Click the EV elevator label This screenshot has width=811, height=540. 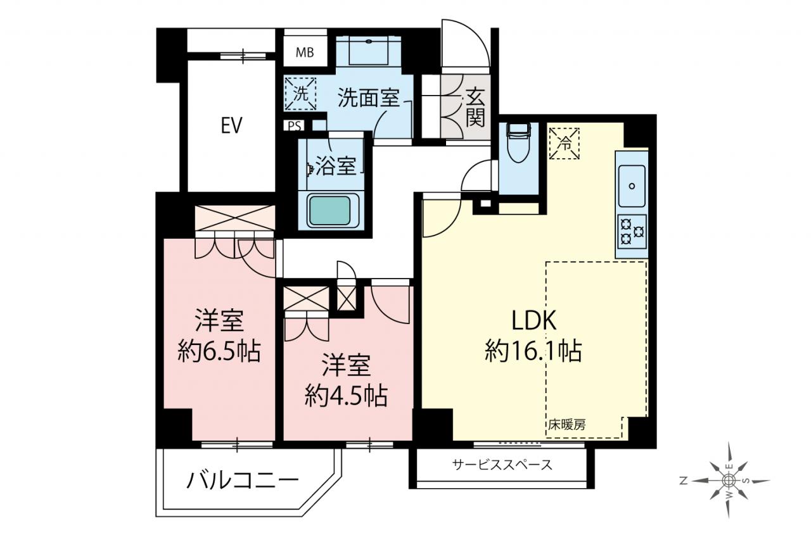click(231, 126)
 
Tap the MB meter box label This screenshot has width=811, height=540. click(305, 53)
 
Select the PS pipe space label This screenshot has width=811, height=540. click(295, 126)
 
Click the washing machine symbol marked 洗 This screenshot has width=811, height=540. click(300, 94)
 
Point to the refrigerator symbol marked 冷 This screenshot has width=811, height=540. click(565, 144)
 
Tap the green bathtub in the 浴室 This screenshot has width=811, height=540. click(329, 211)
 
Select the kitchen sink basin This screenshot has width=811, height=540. click(632, 186)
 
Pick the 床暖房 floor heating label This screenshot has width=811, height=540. click(566, 425)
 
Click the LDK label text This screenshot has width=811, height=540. click(533, 320)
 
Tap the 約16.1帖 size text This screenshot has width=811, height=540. click(533, 351)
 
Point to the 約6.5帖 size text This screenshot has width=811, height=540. click(219, 351)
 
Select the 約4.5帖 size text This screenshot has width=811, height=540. click(347, 396)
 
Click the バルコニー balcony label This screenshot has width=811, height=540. click(243, 480)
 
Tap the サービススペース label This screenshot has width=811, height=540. click(502, 465)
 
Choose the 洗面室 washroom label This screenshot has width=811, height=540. click(369, 97)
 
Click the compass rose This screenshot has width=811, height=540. click(726, 480)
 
